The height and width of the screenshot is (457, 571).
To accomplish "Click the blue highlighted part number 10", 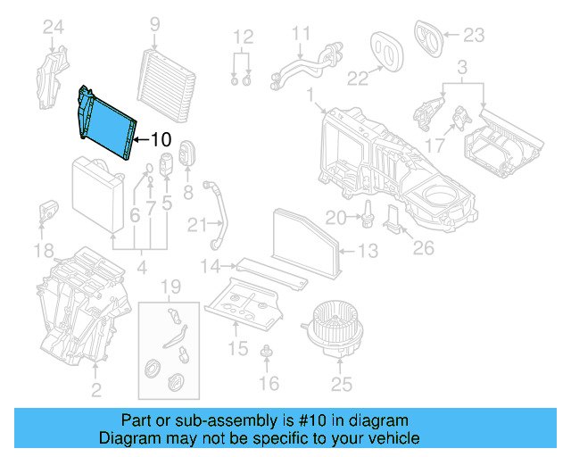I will (x=105, y=129).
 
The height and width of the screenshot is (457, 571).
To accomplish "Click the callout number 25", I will (x=341, y=385).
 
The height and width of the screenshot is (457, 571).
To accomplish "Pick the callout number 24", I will (x=54, y=28).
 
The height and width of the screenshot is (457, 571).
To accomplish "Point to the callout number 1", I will (x=310, y=94).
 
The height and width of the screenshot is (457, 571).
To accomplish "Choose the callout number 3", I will (x=461, y=68).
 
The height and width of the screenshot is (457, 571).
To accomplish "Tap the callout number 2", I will (x=95, y=389).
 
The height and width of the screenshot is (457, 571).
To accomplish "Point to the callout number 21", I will (x=202, y=222).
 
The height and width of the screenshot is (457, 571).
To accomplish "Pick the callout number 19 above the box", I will (x=170, y=287).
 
